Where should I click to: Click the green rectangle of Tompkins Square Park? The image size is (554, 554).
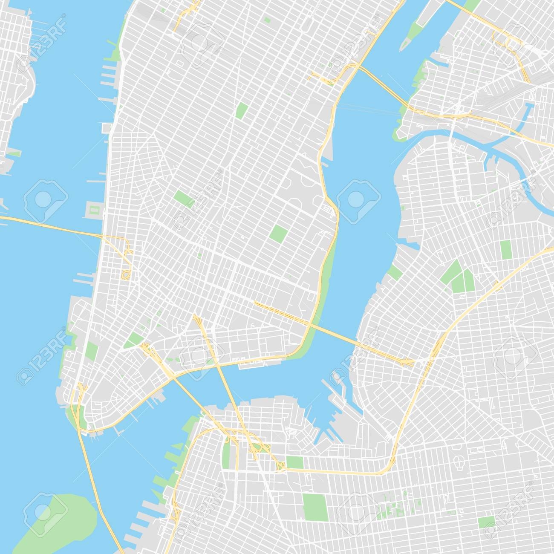pos(279,233)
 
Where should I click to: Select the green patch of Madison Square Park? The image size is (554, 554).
pos(242,110)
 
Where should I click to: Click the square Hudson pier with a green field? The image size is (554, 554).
pos(93,210)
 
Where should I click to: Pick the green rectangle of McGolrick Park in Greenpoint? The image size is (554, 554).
pos(506,249)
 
